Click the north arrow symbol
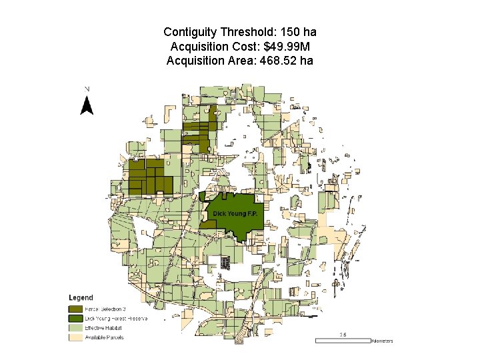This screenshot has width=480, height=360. (87, 105)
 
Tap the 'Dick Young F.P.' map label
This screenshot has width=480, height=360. (235, 213)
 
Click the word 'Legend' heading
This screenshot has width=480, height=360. (81, 297)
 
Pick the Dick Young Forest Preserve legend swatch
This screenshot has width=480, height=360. (75, 319)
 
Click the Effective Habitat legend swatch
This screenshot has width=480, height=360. (75, 328)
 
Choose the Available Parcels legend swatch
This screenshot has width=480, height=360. (75, 337)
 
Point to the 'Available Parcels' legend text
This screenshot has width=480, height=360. (104, 337)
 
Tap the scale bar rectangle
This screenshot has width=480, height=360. (342, 341)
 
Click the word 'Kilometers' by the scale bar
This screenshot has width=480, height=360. (382, 341)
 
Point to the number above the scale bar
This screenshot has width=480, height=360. (343, 335)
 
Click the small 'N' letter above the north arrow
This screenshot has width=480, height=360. (87, 89)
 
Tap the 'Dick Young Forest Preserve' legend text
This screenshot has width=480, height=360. (116, 319)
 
